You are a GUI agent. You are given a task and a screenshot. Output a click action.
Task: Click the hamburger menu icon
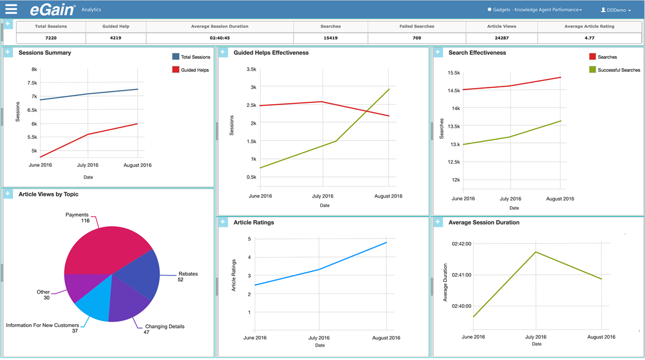11,9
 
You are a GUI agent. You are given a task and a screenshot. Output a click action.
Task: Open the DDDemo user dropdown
615,10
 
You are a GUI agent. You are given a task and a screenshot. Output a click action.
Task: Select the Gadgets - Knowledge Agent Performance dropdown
535,10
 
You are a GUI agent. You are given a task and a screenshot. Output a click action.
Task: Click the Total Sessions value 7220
51,38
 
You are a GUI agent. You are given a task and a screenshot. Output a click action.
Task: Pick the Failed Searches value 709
416,38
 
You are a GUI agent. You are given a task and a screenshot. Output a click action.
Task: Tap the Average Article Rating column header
589,26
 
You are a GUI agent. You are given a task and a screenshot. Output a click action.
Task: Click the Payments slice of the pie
106,246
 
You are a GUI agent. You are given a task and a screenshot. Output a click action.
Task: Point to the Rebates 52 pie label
187,277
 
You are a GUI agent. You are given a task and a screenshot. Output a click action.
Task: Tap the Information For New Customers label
43,325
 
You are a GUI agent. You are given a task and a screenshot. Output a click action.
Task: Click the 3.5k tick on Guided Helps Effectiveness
250,69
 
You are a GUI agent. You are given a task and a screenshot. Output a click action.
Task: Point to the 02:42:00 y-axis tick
461,244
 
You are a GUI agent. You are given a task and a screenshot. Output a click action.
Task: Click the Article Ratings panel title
254,222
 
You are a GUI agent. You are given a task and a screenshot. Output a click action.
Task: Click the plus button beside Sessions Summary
8,53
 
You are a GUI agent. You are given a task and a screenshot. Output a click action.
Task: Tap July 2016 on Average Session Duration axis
536,337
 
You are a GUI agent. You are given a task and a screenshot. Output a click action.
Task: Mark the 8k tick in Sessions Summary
34,70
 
